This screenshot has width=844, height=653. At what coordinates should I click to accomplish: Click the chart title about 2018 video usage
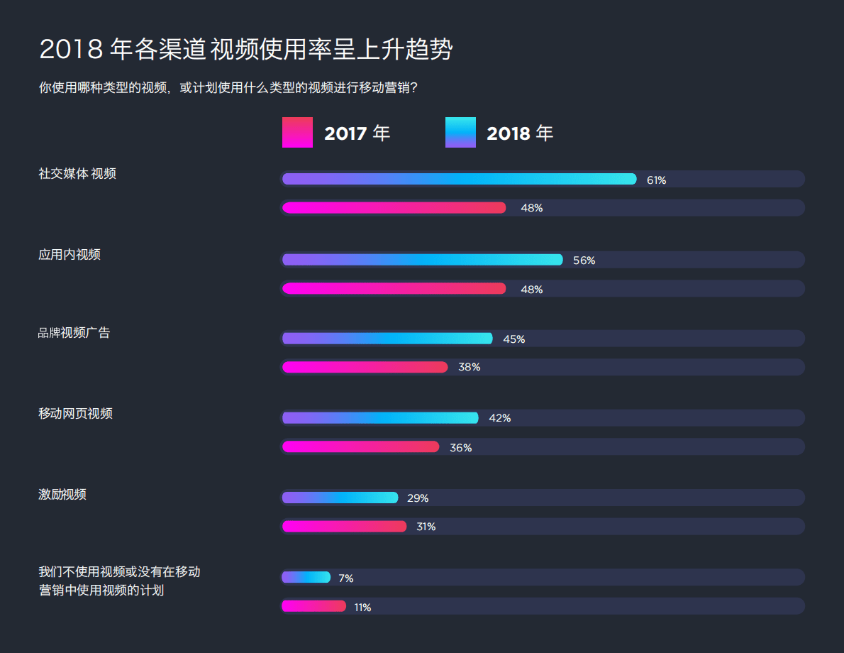point(245,50)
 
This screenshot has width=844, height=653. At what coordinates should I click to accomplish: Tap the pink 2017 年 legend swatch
point(297,133)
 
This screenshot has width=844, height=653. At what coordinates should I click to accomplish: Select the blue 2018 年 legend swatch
point(460,133)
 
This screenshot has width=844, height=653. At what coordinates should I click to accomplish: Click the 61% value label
point(656,180)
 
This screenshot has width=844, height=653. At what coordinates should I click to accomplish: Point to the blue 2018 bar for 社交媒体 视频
point(459,179)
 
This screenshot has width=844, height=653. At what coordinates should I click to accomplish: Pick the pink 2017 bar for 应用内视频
point(394,288)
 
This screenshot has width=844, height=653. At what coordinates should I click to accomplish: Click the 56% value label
point(584,260)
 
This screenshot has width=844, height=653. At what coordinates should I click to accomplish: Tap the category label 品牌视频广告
point(74,333)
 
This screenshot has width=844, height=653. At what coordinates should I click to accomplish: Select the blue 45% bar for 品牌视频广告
point(387,339)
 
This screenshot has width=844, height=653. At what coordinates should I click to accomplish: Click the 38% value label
point(469,367)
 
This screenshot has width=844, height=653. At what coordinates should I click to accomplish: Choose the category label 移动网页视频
point(75,414)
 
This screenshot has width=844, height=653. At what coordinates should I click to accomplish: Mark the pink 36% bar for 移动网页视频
point(361,446)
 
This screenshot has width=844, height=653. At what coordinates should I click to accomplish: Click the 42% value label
point(499,418)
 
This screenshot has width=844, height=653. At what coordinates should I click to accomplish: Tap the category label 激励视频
point(62,495)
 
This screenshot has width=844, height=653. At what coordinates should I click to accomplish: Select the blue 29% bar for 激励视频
point(340,498)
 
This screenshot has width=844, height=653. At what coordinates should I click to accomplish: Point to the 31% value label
point(426,527)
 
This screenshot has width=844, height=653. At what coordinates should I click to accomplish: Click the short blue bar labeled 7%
point(306,577)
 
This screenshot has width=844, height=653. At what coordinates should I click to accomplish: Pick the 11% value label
point(362,608)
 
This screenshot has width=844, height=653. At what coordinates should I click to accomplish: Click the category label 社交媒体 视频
point(77,174)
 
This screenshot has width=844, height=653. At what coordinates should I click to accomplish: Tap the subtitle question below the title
point(228,88)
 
